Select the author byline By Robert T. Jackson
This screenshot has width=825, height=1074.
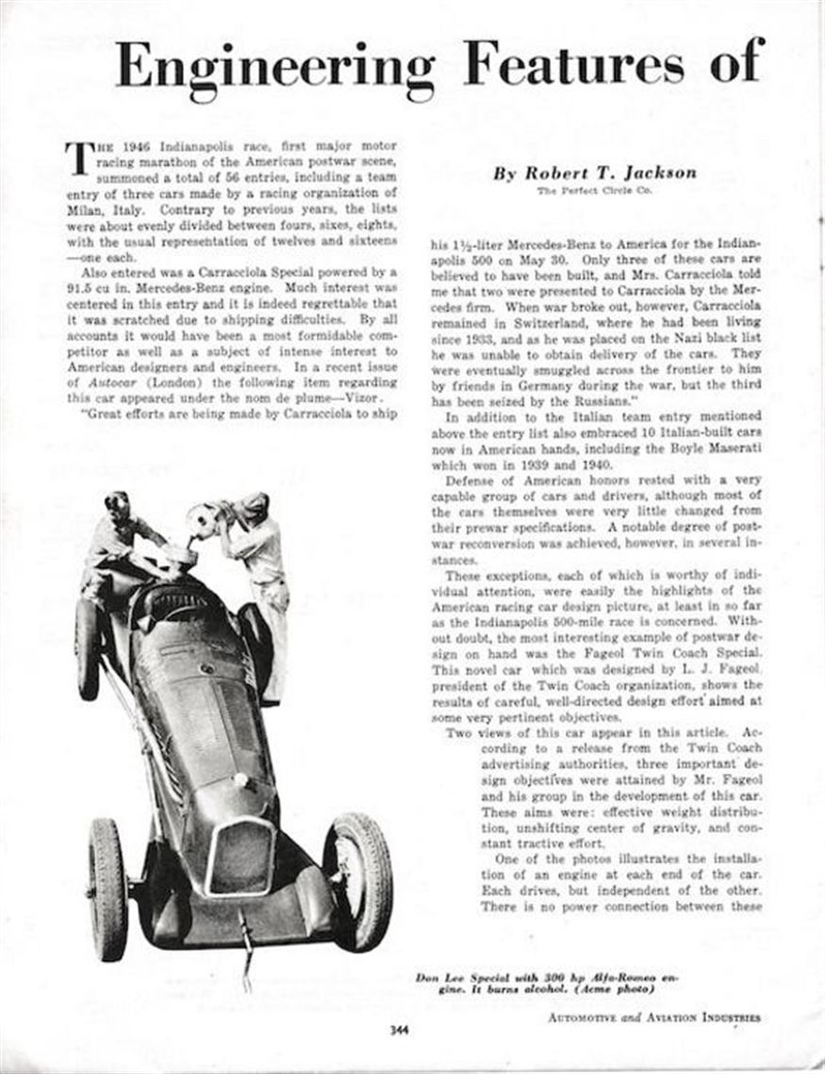pos(595,173)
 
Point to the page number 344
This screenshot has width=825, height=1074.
pos(399,1029)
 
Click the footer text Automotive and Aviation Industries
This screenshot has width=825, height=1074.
pos(654,1017)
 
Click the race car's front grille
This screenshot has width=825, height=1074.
pos(240,856)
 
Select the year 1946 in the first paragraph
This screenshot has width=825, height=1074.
pos(115,147)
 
